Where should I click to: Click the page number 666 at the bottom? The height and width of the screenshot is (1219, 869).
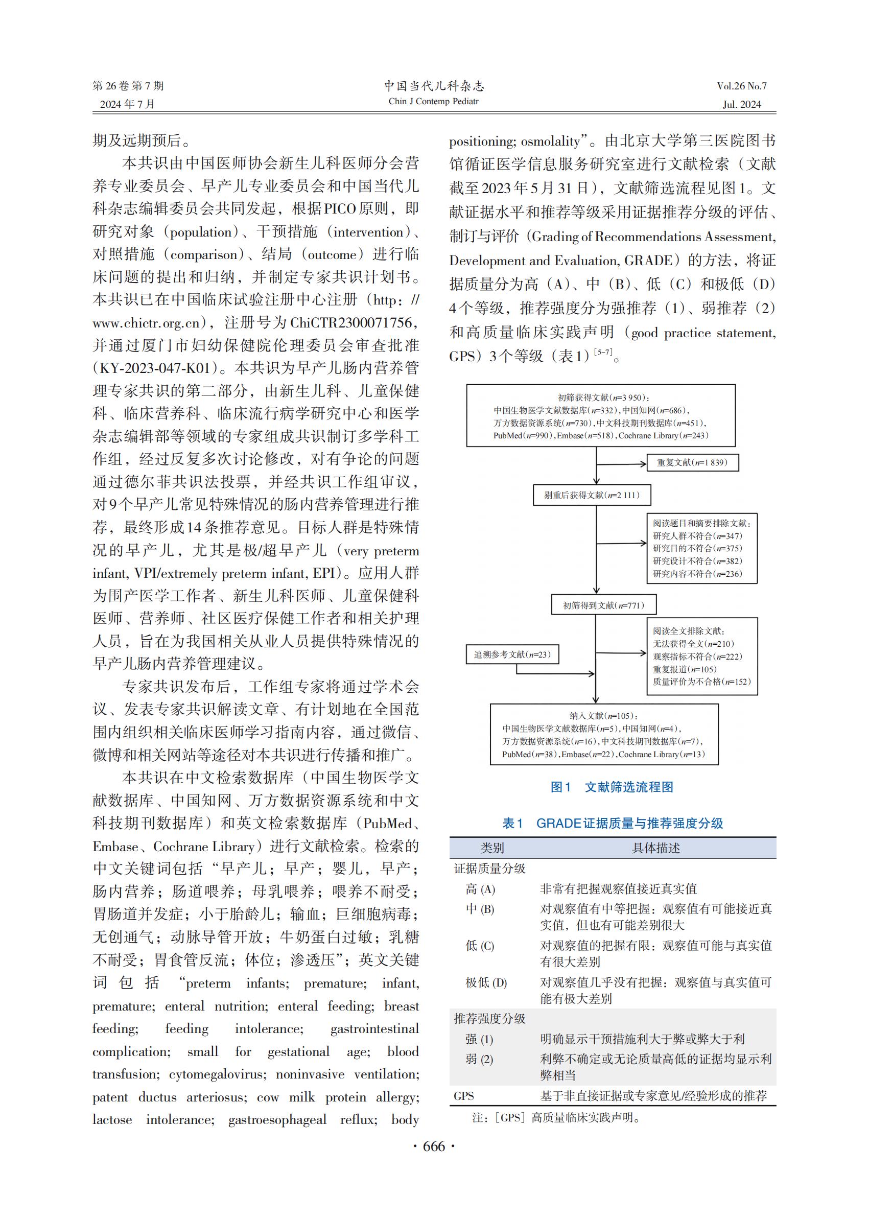click(x=434, y=1146)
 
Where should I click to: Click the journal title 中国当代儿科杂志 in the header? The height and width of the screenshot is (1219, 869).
click(x=434, y=86)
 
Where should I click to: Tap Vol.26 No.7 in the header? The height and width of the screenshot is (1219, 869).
click(x=742, y=86)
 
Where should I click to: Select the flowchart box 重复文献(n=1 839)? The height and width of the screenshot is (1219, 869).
click(x=692, y=462)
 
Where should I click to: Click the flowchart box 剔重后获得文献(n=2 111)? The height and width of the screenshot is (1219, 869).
click(x=592, y=495)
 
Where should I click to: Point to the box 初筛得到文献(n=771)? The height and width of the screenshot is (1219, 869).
click(x=603, y=605)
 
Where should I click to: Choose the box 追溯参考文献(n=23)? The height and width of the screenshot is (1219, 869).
click(x=512, y=654)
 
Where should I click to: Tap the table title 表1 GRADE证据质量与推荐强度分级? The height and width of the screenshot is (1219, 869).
click(x=613, y=824)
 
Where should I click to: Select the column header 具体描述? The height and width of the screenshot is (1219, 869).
click(x=656, y=848)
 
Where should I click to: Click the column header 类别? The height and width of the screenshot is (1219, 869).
click(x=492, y=848)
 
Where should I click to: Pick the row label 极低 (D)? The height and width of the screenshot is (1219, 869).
click(x=486, y=982)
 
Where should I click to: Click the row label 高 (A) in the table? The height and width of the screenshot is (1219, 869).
click(x=480, y=889)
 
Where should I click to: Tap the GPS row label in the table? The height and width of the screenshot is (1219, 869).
click(x=464, y=1096)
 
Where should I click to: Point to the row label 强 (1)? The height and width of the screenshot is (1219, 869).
click(x=479, y=1039)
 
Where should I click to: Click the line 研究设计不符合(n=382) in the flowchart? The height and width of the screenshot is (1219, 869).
click(x=697, y=561)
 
